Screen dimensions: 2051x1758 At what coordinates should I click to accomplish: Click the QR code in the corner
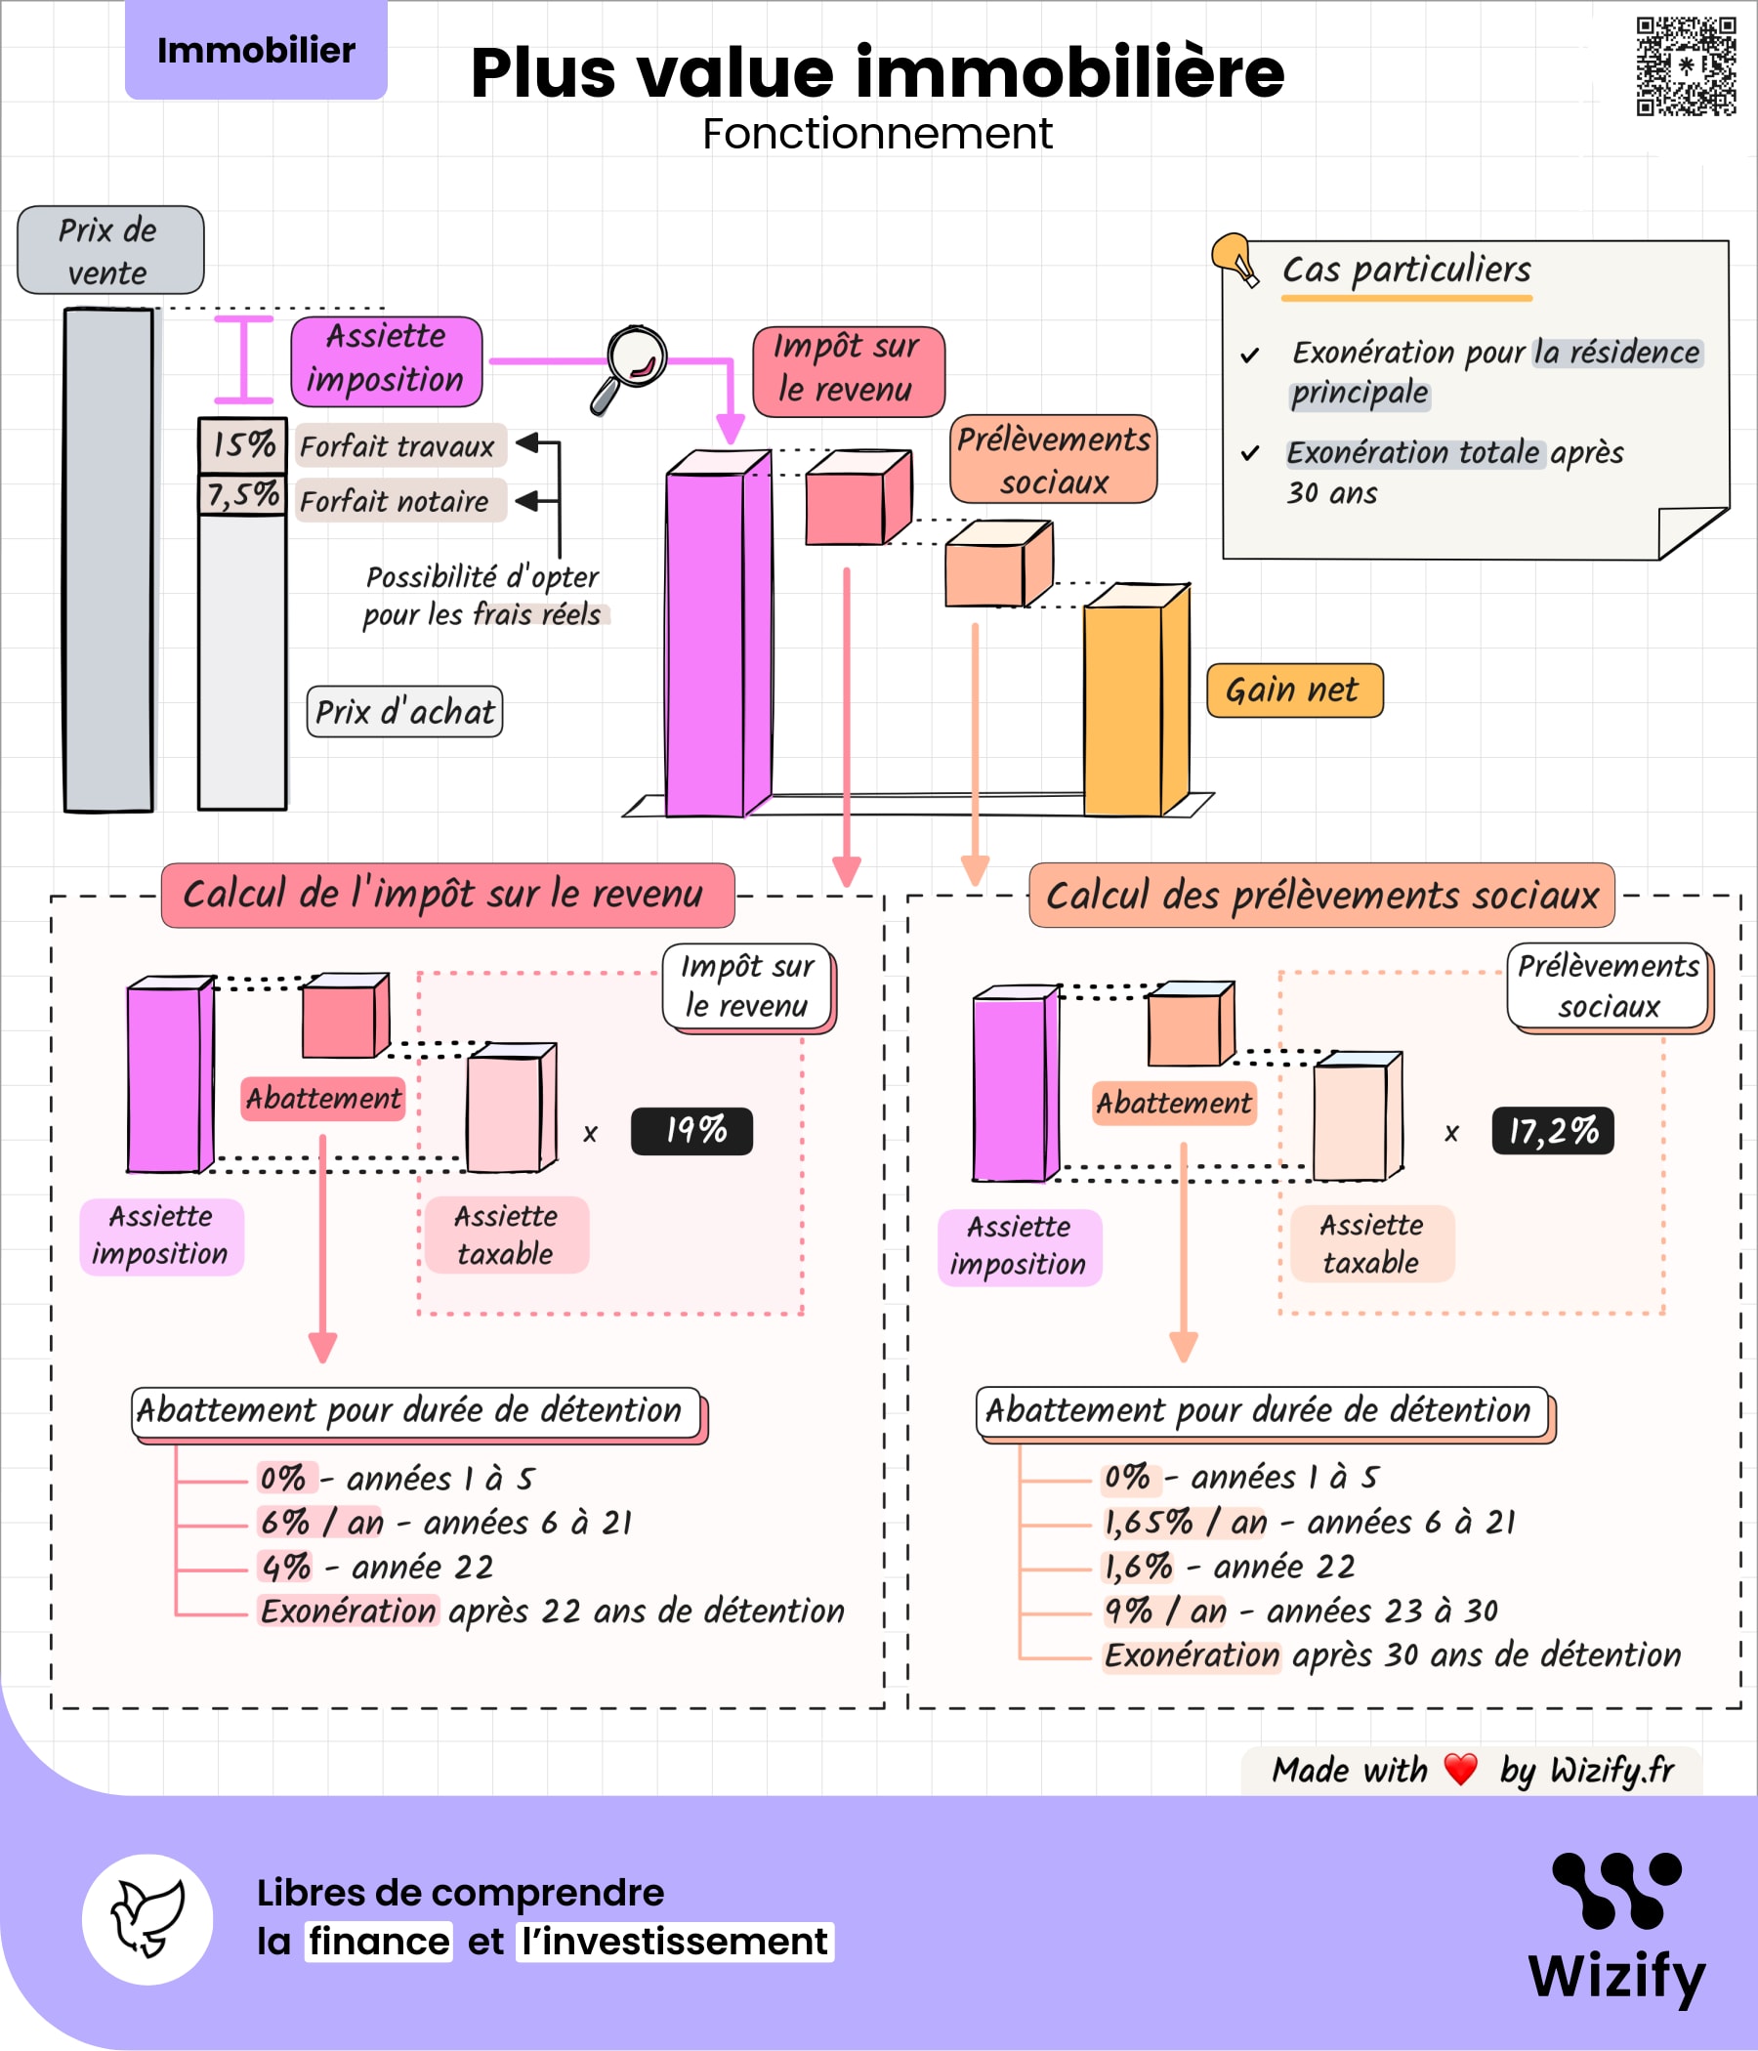[1686, 66]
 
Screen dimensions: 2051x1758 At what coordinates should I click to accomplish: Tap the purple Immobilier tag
[255, 51]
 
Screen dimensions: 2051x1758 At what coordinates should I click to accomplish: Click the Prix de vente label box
[109, 250]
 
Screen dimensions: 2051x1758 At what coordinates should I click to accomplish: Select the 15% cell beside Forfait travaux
[242, 444]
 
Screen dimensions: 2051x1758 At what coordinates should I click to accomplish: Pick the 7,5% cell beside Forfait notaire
[242, 495]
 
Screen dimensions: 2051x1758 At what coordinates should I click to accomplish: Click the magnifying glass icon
[631, 365]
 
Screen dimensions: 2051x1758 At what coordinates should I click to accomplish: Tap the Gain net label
[1294, 690]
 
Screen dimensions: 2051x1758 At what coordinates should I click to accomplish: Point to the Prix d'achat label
[404, 712]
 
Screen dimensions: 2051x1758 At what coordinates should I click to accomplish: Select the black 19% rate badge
[691, 1130]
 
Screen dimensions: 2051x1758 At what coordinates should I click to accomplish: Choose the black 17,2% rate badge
[1552, 1130]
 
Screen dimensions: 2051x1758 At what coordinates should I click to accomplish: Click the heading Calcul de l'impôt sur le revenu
[447, 895]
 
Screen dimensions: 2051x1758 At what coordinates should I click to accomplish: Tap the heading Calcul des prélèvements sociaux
[1321, 895]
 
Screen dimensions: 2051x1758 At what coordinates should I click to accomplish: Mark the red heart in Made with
[1460, 1769]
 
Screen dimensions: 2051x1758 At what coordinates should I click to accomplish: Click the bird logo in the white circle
[147, 1919]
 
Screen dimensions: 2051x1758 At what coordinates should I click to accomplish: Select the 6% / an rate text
[320, 1523]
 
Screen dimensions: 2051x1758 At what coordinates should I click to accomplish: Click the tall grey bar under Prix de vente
[108, 561]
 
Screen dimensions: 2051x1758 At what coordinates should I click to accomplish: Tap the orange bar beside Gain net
[1134, 703]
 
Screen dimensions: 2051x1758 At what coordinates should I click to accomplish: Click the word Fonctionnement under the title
[877, 134]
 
